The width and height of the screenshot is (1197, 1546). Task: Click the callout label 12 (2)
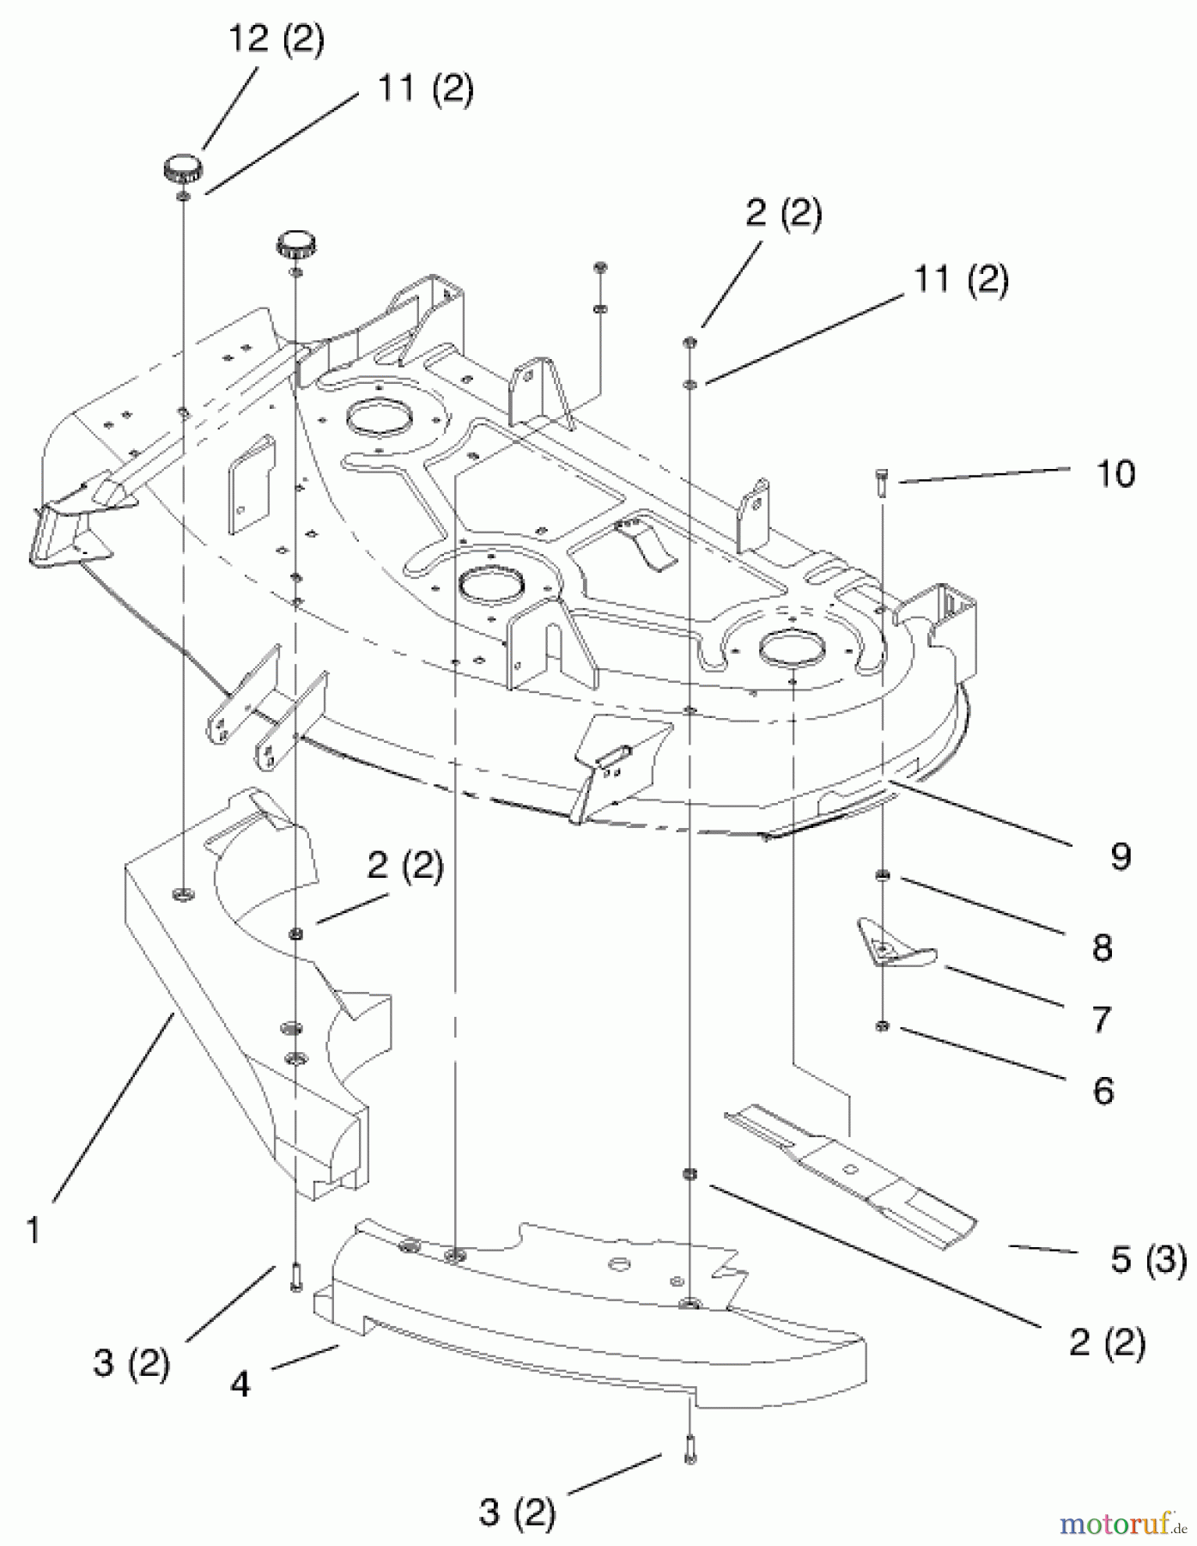pyautogui.click(x=276, y=40)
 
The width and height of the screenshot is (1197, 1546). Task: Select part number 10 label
pyautogui.click(x=1115, y=473)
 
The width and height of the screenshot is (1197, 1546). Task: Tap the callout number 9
pyautogui.click(x=1120, y=855)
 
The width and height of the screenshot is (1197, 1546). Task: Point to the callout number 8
pyautogui.click(x=1102, y=947)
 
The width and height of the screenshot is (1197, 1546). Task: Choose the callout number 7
pyautogui.click(x=1102, y=1020)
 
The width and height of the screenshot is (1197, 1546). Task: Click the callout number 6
pyautogui.click(x=1103, y=1091)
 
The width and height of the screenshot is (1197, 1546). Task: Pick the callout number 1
pyautogui.click(x=33, y=1231)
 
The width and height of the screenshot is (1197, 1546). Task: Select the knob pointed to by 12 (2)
pyautogui.click(x=184, y=166)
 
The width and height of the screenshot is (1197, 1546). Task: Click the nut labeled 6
pyautogui.click(x=883, y=1026)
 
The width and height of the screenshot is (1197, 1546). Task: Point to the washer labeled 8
pyautogui.click(x=883, y=875)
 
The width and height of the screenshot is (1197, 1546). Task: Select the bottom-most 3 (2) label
pyautogui.click(x=517, y=1512)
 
